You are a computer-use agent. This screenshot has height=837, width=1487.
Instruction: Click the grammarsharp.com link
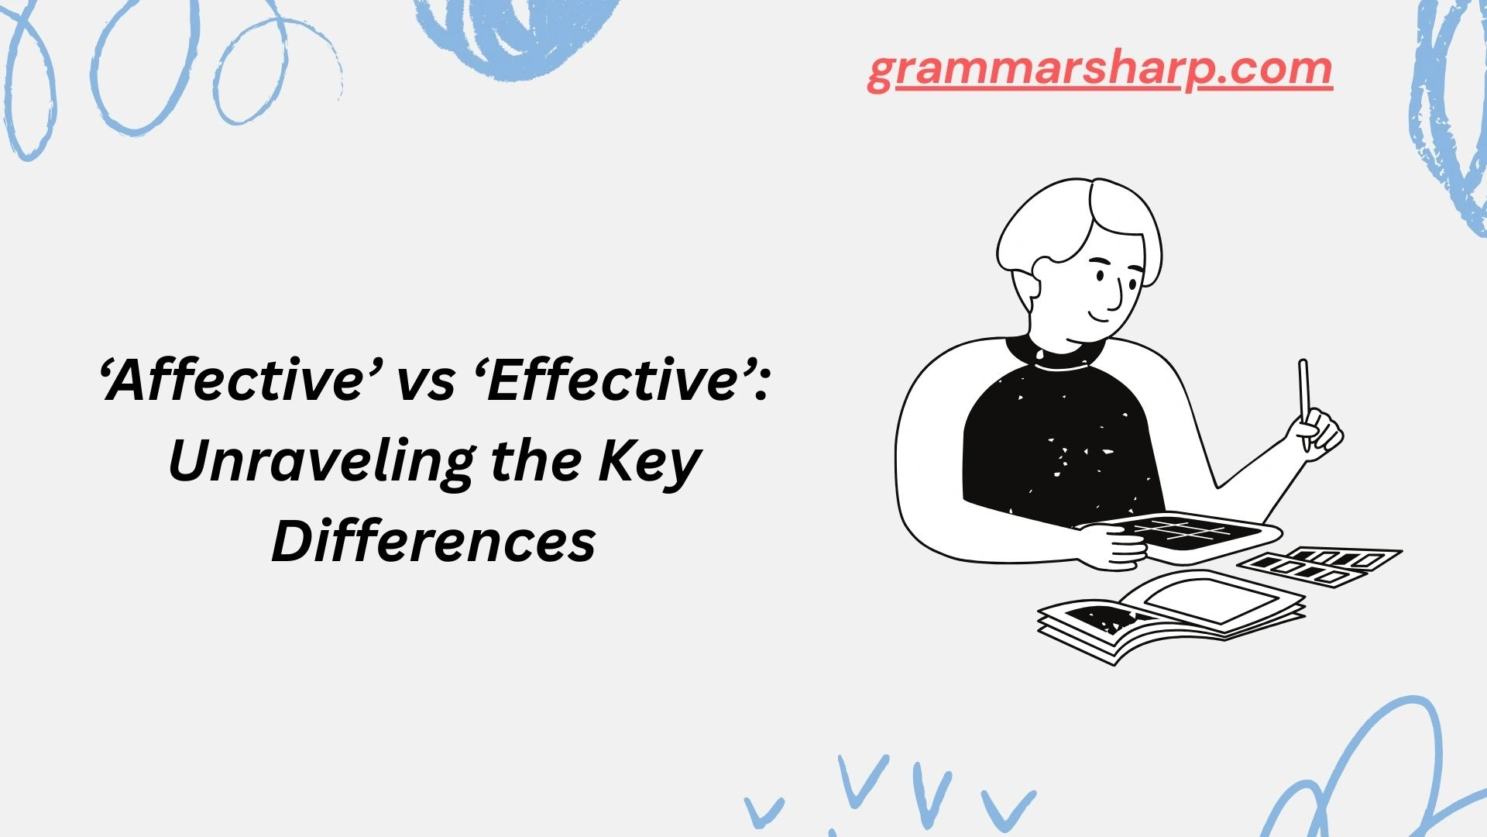click(1100, 70)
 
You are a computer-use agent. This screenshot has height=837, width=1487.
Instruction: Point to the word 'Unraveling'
click(320, 463)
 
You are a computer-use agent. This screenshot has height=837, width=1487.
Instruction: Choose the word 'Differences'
click(434, 542)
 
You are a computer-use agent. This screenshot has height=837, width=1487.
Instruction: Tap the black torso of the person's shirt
click(1061, 442)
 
